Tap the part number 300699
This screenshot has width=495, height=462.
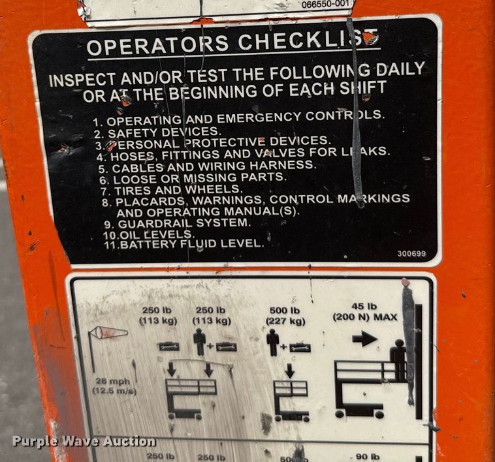(411, 254)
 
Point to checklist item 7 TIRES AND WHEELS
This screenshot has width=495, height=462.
(171, 189)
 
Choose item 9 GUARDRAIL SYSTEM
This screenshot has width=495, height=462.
(176, 223)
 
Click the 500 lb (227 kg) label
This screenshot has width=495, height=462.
(285, 316)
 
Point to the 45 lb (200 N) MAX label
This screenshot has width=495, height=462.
(365, 313)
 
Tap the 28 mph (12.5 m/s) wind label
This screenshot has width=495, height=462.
(104, 386)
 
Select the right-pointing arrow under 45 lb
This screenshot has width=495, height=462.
(364, 338)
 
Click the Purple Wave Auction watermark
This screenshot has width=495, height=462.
(84, 442)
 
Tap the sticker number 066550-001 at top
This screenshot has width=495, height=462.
(327, 5)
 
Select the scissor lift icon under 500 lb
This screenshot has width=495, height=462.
(291, 399)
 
